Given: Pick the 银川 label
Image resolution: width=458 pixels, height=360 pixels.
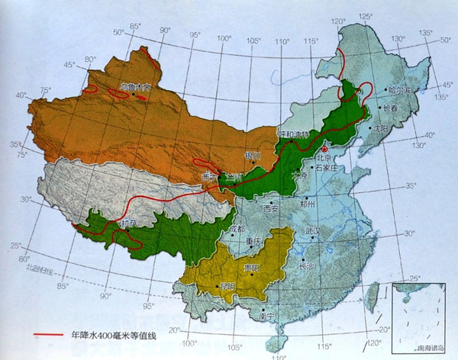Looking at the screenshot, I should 253,156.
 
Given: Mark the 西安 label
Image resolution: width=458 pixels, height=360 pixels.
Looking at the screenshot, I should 271,207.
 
